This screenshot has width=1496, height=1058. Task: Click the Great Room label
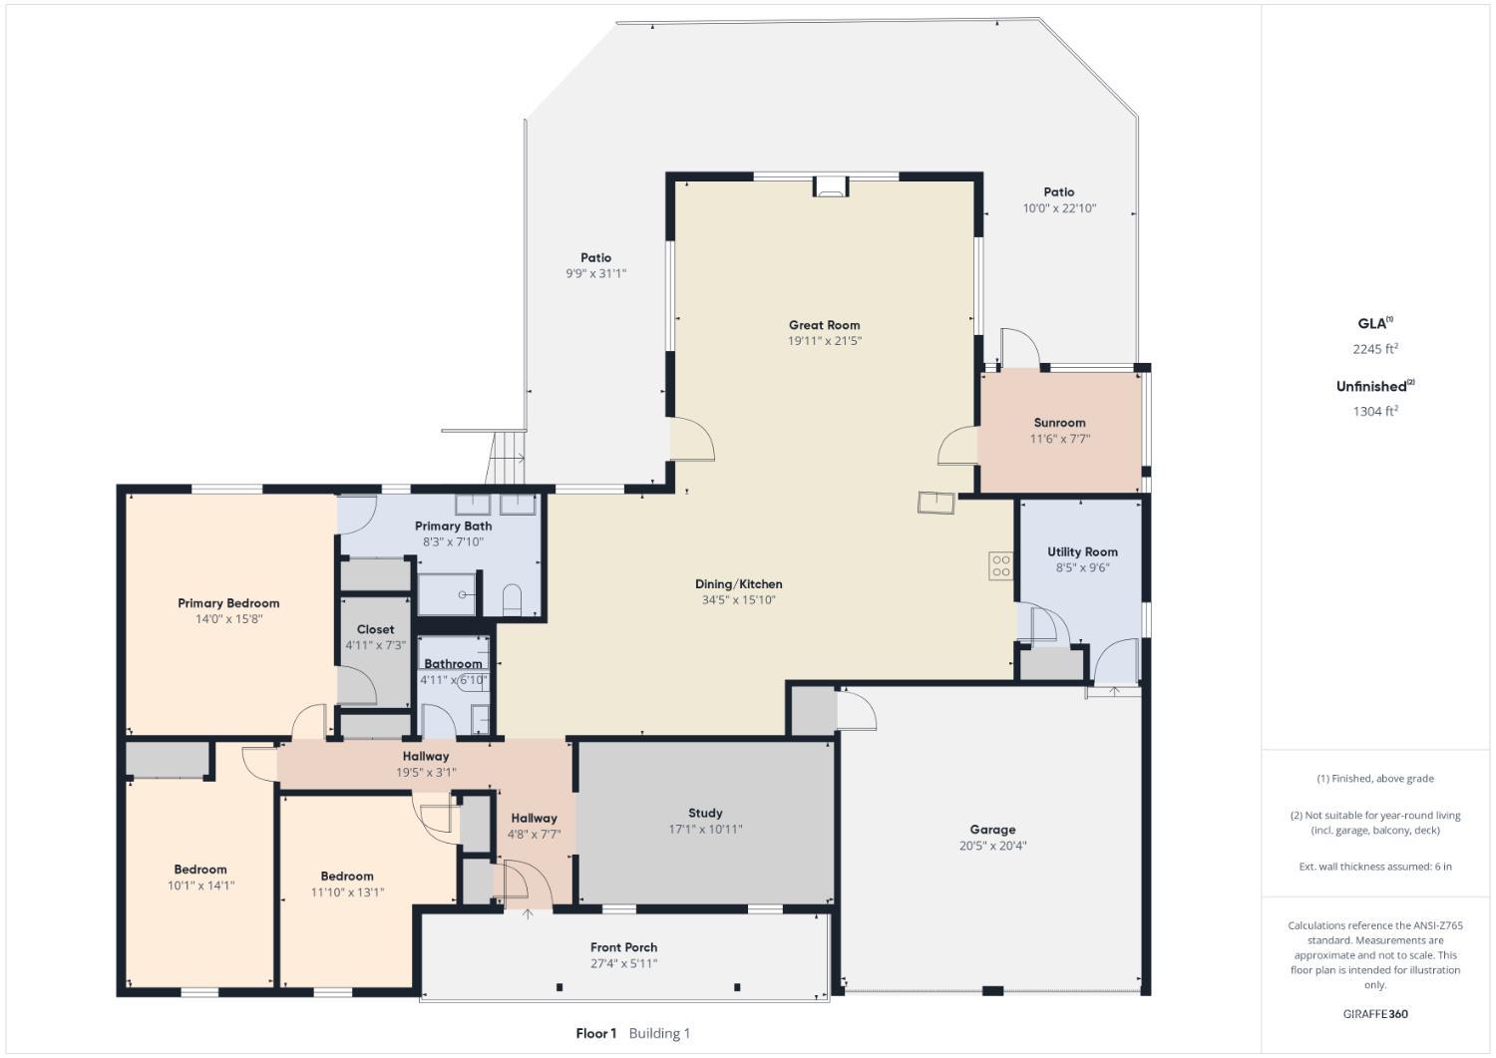coord(824,325)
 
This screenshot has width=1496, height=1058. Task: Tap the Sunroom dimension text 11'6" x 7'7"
coord(1059,439)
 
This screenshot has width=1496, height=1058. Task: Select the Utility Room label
coord(1082,551)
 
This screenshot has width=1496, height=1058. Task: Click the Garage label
coord(992,830)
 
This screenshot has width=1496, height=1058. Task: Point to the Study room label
coord(705,813)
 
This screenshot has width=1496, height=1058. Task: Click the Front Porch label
coord(623,947)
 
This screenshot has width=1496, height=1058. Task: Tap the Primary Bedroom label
coord(228,603)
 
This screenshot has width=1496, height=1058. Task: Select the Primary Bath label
coord(453,526)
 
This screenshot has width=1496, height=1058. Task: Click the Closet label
coord(375,629)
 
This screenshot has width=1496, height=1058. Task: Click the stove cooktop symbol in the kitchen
coord(1000,566)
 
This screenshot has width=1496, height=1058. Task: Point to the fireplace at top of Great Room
coord(830,186)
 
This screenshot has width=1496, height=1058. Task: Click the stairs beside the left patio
coord(507,458)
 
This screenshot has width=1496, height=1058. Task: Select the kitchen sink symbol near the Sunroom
coord(935,503)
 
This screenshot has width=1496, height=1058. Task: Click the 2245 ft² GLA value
coord(1374,349)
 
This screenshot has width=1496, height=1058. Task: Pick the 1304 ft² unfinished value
coord(1374,411)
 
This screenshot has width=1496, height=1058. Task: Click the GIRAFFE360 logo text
coord(1375,1014)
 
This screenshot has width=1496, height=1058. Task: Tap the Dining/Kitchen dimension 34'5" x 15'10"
coord(738,600)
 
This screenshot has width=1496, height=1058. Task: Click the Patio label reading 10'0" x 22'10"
coord(1059,208)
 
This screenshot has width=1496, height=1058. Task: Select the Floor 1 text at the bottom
coord(596,1033)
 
